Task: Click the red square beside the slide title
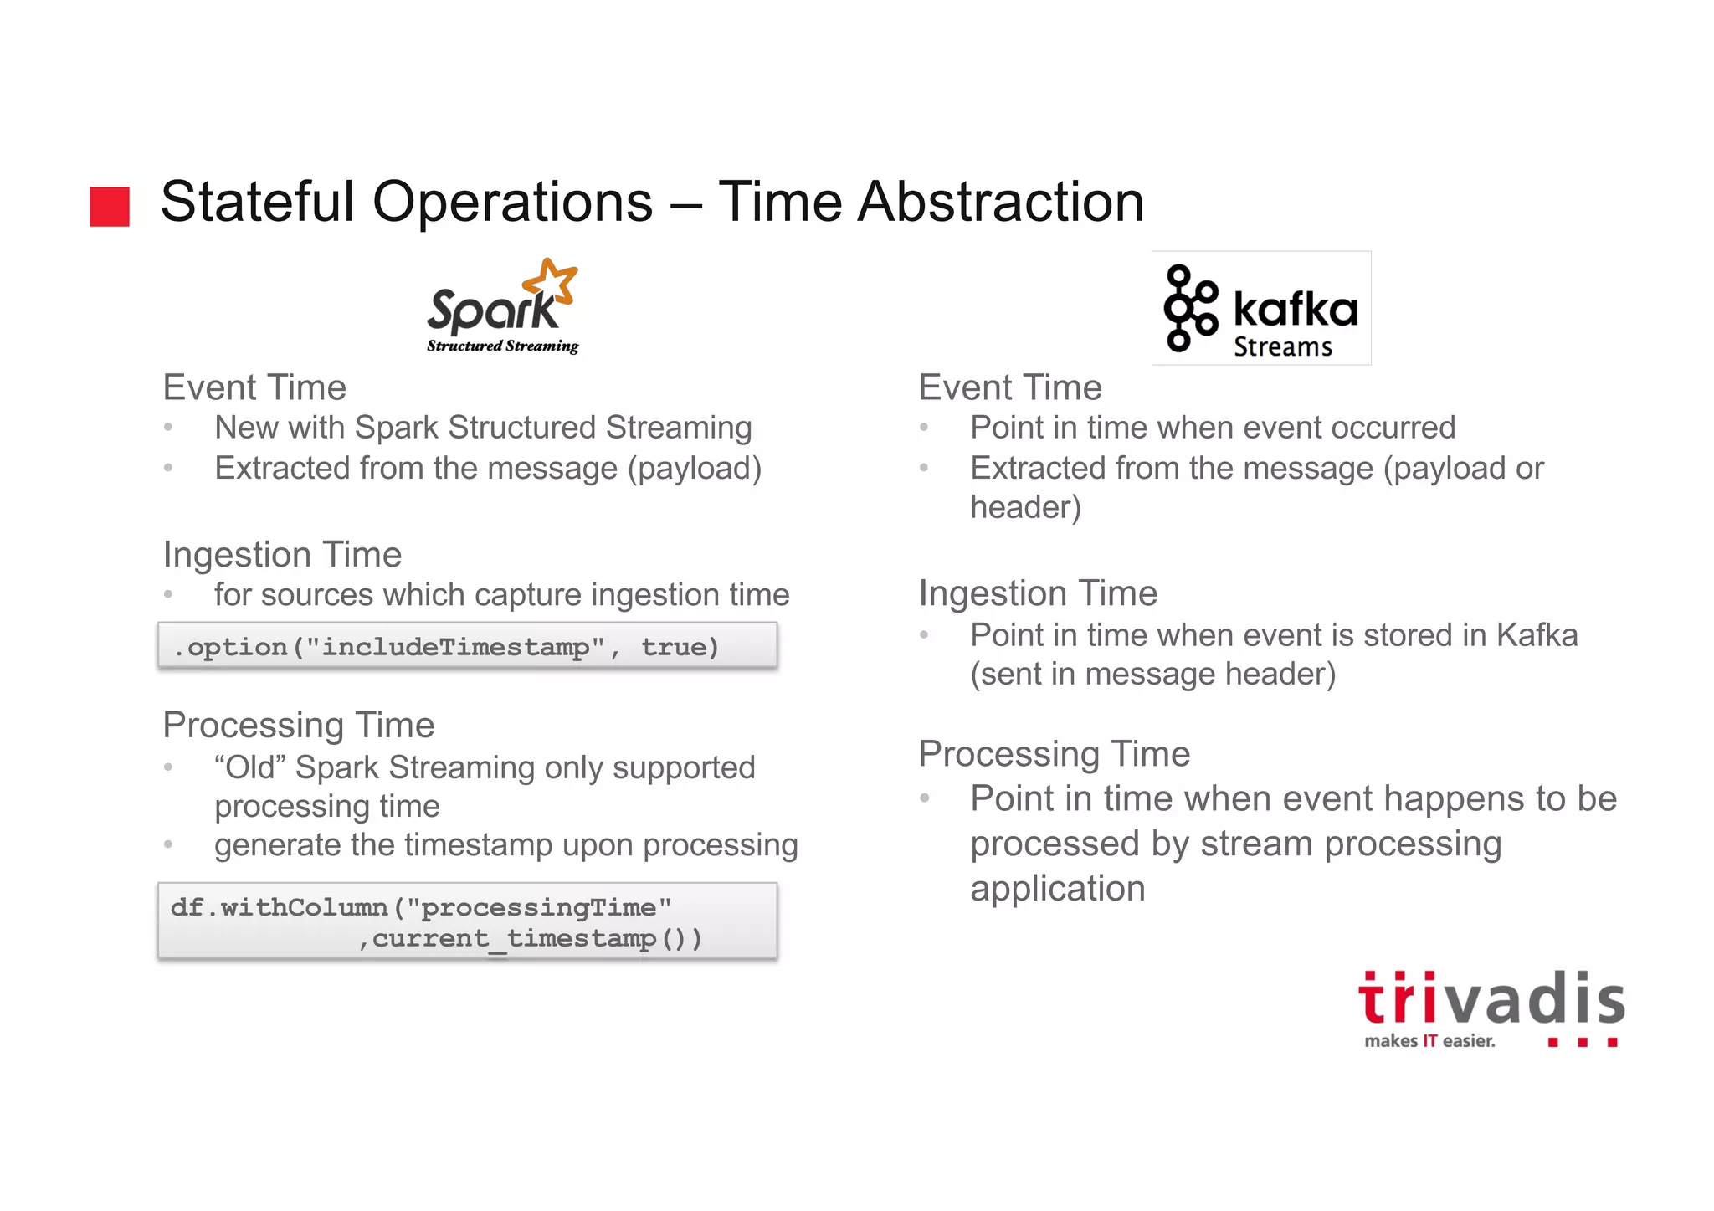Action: (110, 207)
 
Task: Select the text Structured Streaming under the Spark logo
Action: (502, 346)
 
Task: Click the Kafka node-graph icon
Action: (1189, 308)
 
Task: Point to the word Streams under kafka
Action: (1282, 346)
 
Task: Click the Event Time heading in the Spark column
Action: (254, 387)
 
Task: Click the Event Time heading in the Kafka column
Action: (1010, 387)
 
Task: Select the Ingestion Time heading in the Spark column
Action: (282, 554)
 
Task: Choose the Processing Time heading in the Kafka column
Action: (1054, 753)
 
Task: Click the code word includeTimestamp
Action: (455, 647)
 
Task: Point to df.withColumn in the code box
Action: (279, 907)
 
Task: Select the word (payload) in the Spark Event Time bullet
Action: (695, 468)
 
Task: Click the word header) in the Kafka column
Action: (1025, 507)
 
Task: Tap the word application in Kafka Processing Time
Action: (1057, 888)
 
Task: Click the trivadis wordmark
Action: (1491, 999)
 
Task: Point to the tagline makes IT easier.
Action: (1429, 1041)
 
